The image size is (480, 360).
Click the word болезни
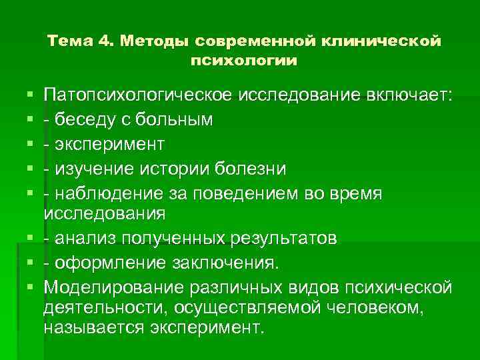(249, 169)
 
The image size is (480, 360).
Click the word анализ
(79, 238)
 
